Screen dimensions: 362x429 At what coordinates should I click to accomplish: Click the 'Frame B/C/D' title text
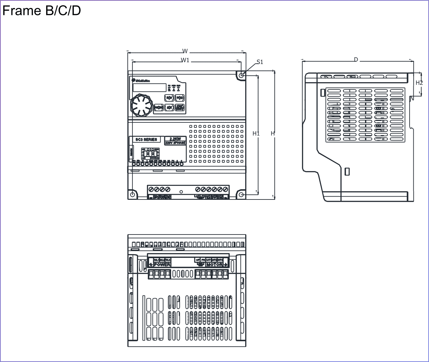click(41, 11)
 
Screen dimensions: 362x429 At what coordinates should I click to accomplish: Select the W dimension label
click(185, 51)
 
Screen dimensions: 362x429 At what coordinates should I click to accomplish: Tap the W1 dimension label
click(185, 60)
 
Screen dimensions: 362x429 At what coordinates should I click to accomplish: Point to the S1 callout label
click(260, 62)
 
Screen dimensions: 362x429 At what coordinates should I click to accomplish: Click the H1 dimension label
click(256, 134)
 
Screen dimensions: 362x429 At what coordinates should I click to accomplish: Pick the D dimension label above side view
click(356, 60)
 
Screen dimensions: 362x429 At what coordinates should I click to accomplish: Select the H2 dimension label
click(419, 83)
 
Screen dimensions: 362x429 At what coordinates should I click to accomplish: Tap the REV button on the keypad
click(169, 98)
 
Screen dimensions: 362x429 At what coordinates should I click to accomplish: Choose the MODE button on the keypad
click(159, 108)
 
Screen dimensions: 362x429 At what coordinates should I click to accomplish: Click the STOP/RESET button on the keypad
click(180, 108)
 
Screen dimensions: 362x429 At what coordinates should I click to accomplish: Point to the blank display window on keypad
click(149, 88)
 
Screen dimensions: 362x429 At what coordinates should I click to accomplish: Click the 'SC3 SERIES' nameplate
click(146, 140)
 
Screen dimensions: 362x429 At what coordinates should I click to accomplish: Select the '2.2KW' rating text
click(175, 139)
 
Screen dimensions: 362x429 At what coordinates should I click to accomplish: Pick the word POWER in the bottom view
click(162, 264)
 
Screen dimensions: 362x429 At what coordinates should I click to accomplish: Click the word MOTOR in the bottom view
click(214, 264)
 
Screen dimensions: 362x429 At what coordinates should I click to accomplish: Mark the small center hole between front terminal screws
click(181, 192)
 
